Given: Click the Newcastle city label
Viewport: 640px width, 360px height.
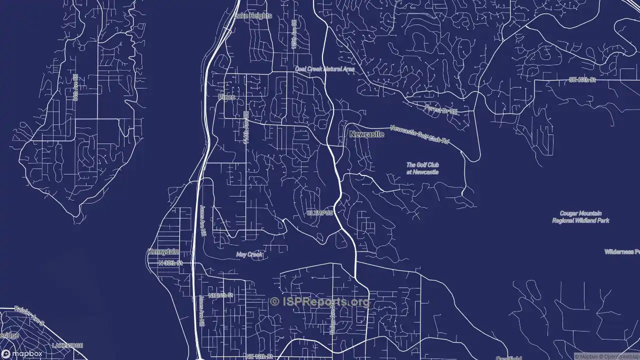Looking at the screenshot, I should [366, 134].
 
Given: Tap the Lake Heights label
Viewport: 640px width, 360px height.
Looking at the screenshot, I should [253, 15].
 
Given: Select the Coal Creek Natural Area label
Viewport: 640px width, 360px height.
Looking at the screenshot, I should [324, 69].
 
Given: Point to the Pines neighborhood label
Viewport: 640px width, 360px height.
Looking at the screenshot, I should [226, 97].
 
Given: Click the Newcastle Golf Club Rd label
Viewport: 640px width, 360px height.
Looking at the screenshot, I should [419, 135].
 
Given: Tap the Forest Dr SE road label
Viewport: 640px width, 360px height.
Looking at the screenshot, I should [441, 109].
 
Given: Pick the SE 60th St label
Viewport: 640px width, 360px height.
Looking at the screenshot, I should [582, 80].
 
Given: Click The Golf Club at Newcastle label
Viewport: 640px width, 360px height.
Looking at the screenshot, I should [422, 168].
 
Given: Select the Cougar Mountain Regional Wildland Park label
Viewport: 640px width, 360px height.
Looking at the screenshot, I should [580, 216].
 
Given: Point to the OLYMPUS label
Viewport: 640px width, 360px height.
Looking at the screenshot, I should [319, 213].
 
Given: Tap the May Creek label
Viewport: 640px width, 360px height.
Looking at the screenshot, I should [249, 254].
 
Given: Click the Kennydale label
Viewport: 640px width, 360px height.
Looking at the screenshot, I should [163, 252].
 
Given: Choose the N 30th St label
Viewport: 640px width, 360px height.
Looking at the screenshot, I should [170, 262].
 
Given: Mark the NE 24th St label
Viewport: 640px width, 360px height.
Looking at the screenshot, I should [220, 295].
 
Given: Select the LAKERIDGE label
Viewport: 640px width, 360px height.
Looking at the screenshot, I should [67, 345].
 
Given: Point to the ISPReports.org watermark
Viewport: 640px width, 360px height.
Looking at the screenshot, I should [320, 301].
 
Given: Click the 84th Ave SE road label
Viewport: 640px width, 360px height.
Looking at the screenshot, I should [75, 88].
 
